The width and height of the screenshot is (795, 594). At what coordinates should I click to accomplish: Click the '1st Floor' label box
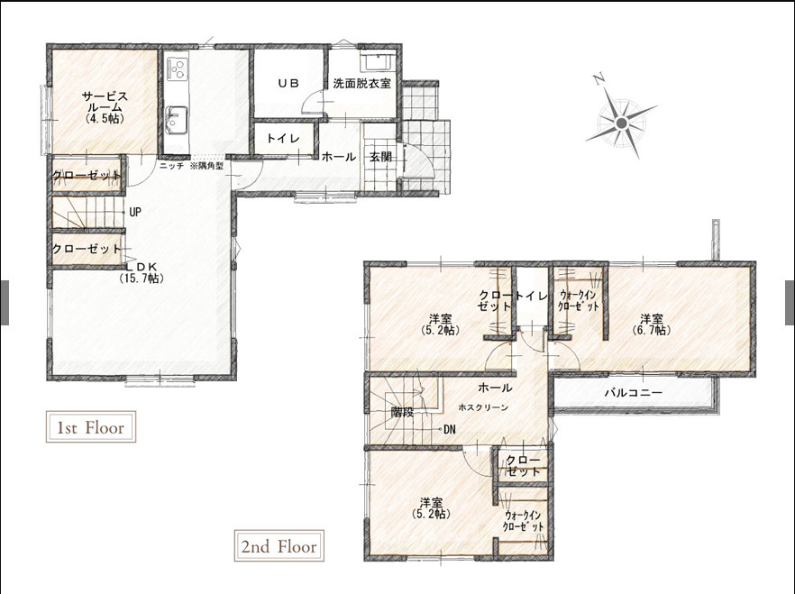(x=91, y=426)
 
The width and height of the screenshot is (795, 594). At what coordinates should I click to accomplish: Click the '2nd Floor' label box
(x=279, y=546)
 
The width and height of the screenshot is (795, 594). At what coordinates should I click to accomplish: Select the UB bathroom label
(x=288, y=84)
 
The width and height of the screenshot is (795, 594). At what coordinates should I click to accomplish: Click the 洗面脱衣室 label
(x=362, y=84)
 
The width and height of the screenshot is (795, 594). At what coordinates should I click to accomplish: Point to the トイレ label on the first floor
(x=283, y=139)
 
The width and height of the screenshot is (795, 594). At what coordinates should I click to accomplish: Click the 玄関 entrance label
(x=380, y=157)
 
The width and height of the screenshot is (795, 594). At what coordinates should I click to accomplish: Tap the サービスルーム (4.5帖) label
(x=105, y=107)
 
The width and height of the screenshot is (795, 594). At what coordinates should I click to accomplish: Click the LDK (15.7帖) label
(x=142, y=272)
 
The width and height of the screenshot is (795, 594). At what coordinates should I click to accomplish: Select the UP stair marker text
(x=135, y=212)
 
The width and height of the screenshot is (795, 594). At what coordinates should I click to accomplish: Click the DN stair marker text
(x=449, y=430)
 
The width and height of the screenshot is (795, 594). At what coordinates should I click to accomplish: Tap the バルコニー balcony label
(x=634, y=393)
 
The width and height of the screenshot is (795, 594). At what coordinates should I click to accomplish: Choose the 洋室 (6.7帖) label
(x=652, y=324)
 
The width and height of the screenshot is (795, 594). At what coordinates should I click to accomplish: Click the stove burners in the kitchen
(x=177, y=68)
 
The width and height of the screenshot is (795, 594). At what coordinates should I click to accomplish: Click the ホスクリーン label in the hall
(x=483, y=407)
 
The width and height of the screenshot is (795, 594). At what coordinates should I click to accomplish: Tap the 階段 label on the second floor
(x=402, y=412)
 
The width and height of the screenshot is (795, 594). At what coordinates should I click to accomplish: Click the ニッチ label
(x=171, y=166)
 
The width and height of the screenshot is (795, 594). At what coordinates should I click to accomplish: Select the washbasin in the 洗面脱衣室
(x=375, y=61)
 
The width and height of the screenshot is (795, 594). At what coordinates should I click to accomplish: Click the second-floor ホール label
(x=495, y=388)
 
